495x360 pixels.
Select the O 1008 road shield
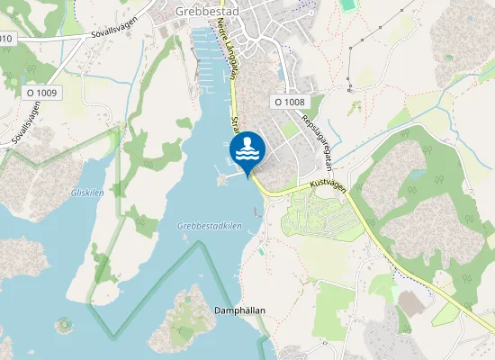[x=289, y=103]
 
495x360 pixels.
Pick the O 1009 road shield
[x=41, y=93]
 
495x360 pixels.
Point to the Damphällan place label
[x=239, y=310]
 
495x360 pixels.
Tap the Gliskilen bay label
[x=87, y=193]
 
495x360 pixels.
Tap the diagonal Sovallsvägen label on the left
[x=26, y=121]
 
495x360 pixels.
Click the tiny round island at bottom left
[x=62, y=323]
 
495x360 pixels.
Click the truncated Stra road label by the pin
[x=235, y=124]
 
